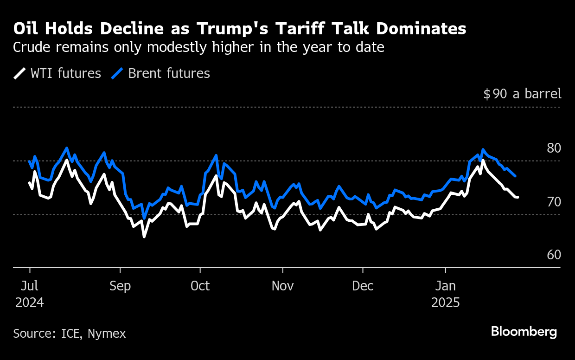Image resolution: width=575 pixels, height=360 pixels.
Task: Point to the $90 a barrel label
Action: (522, 94)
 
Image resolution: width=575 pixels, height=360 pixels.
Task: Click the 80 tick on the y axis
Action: (554, 148)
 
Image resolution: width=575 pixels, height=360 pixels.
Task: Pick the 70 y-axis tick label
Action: (554, 202)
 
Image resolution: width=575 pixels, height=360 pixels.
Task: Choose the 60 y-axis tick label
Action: (554, 255)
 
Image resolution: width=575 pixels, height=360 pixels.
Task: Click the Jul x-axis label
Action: (30, 286)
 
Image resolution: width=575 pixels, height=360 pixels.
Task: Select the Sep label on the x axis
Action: (120, 286)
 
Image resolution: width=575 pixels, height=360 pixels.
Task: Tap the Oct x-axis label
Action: (200, 286)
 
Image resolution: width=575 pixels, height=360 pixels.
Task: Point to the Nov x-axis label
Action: (282, 286)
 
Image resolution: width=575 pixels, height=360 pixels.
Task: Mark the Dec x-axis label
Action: (363, 286)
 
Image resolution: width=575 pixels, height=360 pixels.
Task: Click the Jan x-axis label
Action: (446, 286)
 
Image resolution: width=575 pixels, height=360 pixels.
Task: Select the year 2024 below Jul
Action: (30, 303)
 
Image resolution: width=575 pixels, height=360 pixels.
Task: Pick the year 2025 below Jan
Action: (446, 303)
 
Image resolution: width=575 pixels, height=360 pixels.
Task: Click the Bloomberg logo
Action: (524, 332)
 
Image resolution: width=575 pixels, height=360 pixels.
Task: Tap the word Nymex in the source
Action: (107, 334)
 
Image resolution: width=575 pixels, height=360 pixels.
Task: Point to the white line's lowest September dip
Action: (144, 237)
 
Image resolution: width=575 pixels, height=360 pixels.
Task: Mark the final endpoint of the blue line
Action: (516, 176)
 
